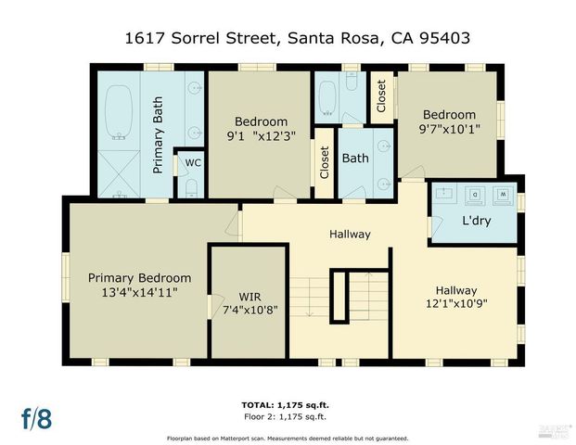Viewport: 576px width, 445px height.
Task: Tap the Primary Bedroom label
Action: tap(139, 278)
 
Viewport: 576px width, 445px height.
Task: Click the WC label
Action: tap(192, 162)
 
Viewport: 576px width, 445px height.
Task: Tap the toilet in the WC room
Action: tap(191, 187)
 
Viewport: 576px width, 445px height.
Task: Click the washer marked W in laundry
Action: tap(504, 195)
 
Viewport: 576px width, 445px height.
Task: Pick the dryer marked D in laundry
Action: tap(475, 195)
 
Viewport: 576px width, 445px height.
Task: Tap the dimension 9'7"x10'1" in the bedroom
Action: tap(450, 129)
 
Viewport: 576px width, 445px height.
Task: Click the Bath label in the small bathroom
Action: tap(355, 159)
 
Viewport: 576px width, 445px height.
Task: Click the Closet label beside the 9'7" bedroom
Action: tap(381, 95)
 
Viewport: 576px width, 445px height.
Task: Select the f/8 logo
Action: tap(37, 417)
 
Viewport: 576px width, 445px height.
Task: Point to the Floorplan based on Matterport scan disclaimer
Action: tap(288, 436)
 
